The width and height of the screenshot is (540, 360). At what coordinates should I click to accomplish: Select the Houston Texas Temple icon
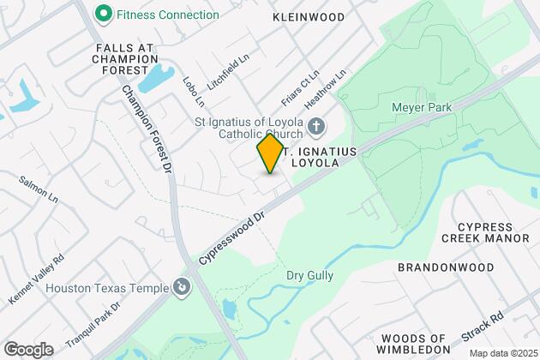pyautogui.click(x=181, y=288)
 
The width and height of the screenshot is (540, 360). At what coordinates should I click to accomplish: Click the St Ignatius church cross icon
pyautogui.click(x=316, y=128)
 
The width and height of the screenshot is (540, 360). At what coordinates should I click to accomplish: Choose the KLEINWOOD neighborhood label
pyautogui.click(x=309, y=17)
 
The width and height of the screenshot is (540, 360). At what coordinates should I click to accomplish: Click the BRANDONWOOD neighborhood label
pyautogui.click(x=446, y=267)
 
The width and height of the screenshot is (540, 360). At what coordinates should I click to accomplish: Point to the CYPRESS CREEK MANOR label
pyautogui.click(x=486, y=231)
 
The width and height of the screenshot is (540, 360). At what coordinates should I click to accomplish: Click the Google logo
pyautogui.click(x=28, y=349)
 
